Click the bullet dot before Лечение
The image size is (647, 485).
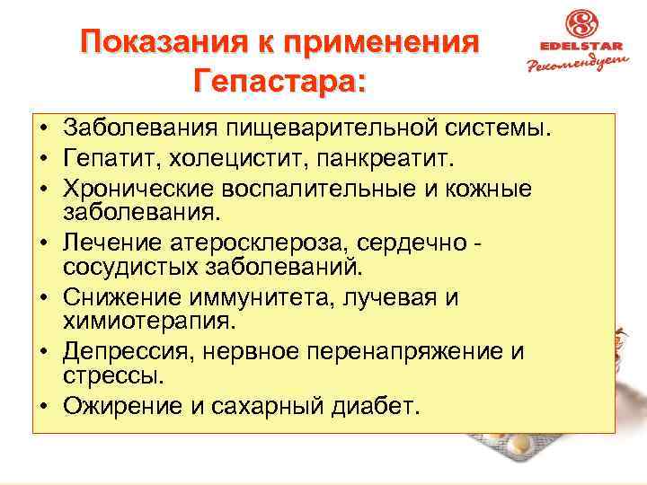click(43, 243)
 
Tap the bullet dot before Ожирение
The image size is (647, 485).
click(43, 406)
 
